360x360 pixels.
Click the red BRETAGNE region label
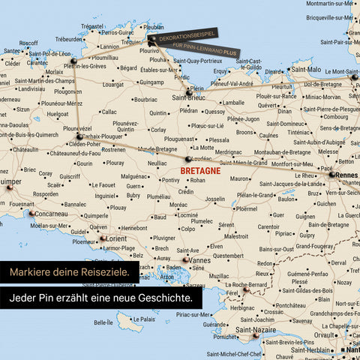pos(200,171)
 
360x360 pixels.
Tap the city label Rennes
pos(347,175)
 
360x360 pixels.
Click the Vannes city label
pos(201,260)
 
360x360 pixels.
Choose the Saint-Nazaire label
pos(256,329)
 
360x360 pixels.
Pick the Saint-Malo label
pos(305,70)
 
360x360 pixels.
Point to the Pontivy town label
pos(170,180)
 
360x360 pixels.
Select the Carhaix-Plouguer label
pos(103,137)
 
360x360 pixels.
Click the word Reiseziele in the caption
pos(104,271)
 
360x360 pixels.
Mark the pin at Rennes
pos(331,175)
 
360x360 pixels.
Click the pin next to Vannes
pos(185,260)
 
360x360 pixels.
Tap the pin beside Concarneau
pos(31,213)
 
